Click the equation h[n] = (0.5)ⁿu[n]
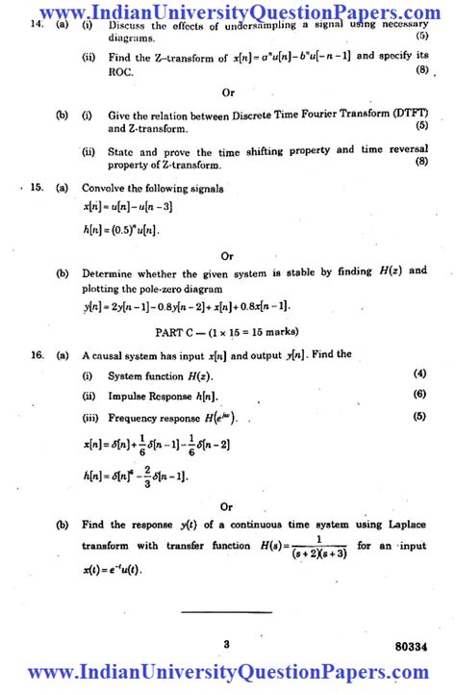pos(121,229)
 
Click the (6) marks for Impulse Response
pos(419,395)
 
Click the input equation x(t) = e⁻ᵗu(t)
pos(112,569)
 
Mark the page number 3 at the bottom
pos(227,644)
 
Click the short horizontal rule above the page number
pos(227,610)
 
